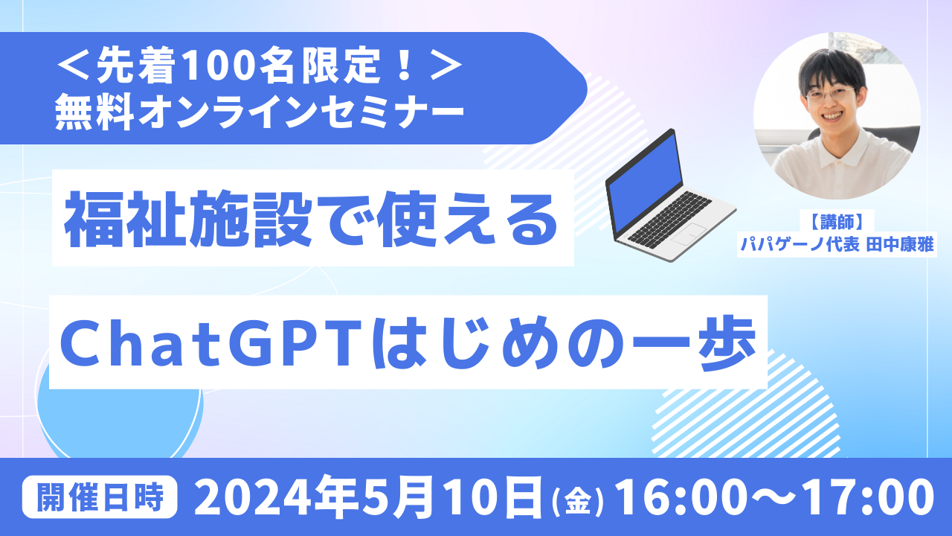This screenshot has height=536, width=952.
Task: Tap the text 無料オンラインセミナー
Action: (260, 112)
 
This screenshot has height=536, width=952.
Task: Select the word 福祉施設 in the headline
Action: (189, 219)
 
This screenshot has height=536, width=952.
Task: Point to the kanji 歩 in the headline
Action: (727, 342)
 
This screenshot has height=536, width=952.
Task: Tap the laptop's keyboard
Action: (669, 217)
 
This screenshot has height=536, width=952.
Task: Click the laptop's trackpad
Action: (689, 234)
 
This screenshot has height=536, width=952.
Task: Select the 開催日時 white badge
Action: (100, 497)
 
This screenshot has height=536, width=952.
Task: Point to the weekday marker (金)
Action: (577, 502)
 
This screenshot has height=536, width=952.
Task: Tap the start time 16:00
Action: (678, 497)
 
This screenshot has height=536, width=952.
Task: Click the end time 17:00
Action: (869, 497)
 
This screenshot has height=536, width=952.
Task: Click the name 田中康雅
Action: (900, 245)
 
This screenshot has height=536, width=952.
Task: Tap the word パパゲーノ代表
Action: (799, 245)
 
